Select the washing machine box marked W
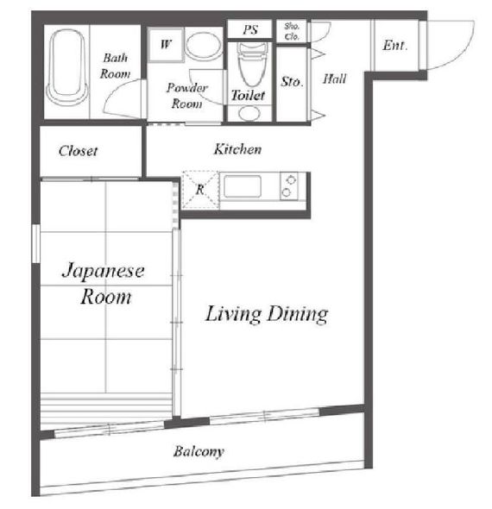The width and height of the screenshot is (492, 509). [166, 45]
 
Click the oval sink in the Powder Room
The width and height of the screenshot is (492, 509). [204, 45]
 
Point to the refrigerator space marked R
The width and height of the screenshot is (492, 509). [200, 190]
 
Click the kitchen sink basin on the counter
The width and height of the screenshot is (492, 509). [243, 186]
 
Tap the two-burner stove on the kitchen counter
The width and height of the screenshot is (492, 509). [288, 186]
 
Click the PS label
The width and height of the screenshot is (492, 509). [250, 29]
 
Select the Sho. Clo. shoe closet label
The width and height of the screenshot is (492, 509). [292, 31]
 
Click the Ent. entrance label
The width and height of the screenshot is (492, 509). [394, 45]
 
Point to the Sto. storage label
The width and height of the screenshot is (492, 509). [292, 81]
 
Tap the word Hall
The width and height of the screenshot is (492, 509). [335, 79]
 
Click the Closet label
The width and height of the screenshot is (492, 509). [78, 151]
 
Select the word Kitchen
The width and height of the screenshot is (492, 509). [237, 149]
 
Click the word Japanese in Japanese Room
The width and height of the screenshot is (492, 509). [103, 272]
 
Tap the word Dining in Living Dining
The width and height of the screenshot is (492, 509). [298, 314]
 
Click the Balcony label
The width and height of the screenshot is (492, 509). [199, 451]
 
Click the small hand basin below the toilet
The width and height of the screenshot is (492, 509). [249, 113]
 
